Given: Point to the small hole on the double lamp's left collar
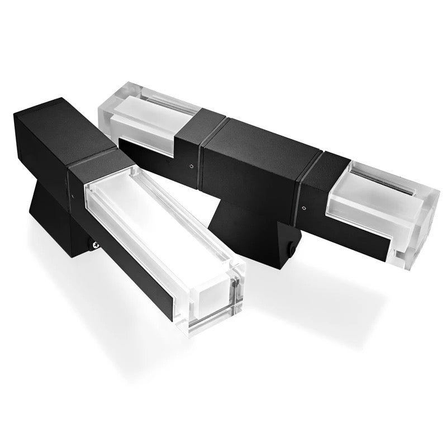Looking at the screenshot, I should pos(192,165).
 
